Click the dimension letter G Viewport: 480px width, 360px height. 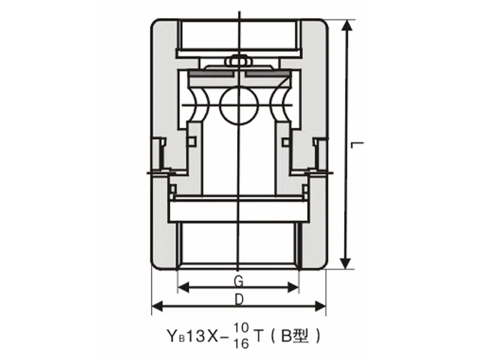(239, 281)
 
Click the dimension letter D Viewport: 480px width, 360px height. (239, 300)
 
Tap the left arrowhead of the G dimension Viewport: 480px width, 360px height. (183, 288)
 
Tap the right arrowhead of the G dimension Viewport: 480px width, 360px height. (293, 288)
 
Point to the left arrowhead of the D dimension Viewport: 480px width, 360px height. (157, 306)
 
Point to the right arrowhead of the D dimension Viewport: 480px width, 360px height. (320, 306)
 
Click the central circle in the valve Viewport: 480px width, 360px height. (240, 105)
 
